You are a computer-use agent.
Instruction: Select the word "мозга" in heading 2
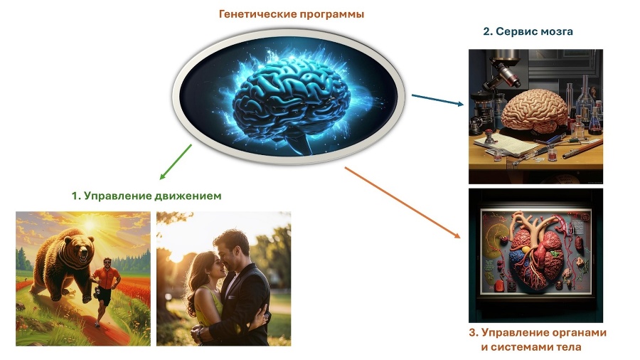coord(557,31)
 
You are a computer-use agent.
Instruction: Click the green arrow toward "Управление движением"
coord(174,162)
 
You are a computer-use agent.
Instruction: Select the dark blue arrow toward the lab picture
coord(438,99)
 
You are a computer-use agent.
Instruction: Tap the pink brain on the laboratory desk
coord(534,111)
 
